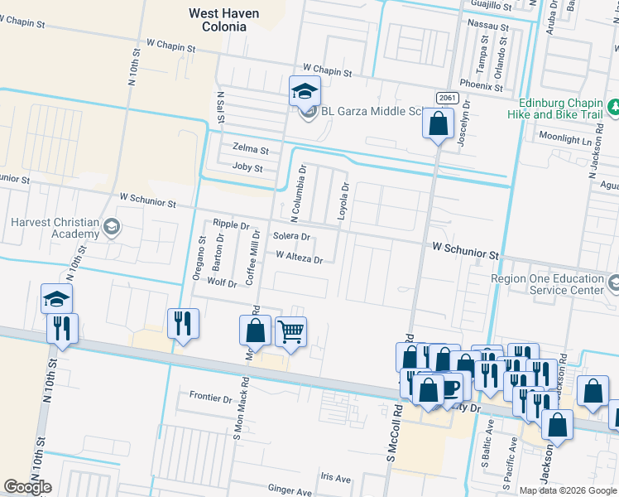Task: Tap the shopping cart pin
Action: tap(290, 332)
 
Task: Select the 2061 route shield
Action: tap(447, 98)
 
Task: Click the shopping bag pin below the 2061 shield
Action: tap(438, 125)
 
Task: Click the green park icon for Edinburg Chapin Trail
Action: tap(612, 107)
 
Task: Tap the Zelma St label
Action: tap(251, 150)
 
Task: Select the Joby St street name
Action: tap(247, 168)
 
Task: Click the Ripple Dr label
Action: tap(231, 224)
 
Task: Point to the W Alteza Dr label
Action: tap(299, 258)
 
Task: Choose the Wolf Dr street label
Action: tap(222, 282)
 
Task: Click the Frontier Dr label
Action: tap(208, 395)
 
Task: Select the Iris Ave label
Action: tap(336, 478)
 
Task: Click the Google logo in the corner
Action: tap(27, 487)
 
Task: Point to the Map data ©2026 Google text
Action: tap(567, 490)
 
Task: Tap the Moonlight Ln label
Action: tap(565, 139)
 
